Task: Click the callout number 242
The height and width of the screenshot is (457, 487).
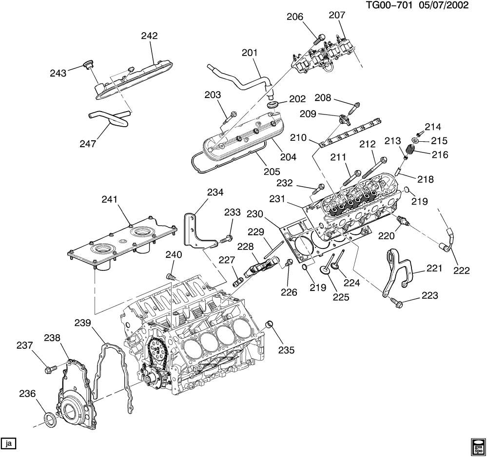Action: (149, 36)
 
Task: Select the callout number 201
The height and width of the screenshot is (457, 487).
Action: (250, 53)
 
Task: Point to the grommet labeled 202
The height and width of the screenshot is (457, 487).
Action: (273, 104)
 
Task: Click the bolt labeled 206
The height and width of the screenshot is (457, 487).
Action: (320, 39)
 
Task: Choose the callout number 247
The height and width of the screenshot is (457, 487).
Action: (88, 144)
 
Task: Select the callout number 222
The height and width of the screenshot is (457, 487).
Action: (462, 270)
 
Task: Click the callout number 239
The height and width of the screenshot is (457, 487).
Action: (82, 323)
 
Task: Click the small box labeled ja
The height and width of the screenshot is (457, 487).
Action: (8, 444)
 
